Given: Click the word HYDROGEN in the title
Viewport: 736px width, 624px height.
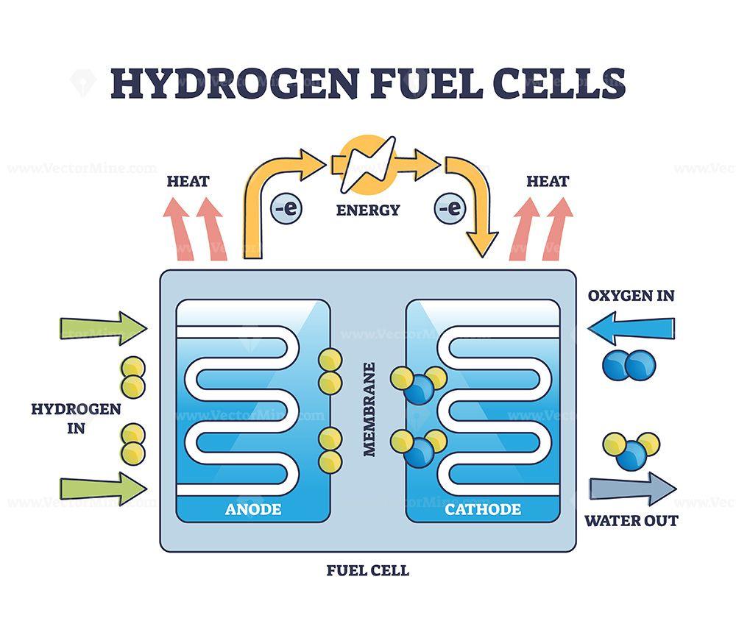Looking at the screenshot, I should pos(235,83).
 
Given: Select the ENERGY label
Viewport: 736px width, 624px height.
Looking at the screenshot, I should pos(368,210).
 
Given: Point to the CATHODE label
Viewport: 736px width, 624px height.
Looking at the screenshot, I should pos(483,508).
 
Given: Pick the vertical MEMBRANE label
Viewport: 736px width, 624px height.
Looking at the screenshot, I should pos(369,409).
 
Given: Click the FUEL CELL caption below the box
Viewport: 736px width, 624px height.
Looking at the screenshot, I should pos(368,570).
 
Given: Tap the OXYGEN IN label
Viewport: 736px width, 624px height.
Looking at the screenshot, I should pos(631,296).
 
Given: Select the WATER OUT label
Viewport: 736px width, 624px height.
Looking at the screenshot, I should pos(631,521).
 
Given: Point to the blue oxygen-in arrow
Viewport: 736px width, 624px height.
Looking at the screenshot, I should pos(631,327).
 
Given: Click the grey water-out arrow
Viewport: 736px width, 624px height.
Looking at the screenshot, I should pos(632,488).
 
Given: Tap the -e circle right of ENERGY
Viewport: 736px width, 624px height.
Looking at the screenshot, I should pos(450,208).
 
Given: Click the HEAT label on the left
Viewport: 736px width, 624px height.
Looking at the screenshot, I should pos(188,181).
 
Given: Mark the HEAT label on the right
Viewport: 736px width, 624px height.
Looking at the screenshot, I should pos(548,181).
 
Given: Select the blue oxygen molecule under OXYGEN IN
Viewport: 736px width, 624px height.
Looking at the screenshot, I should pos(629,365).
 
